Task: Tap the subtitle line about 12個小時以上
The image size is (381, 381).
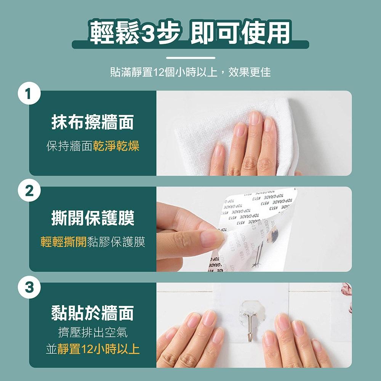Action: click(x=190, y=72)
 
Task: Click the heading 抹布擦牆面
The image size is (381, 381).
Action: click(x=93, y=123)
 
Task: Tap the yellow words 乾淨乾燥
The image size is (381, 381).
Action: click(x=116, y=146)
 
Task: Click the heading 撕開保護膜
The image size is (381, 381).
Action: click(x=93, y=219)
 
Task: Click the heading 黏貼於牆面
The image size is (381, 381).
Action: click(x=93, y=313)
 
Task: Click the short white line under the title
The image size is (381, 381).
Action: click(x=190, y=58)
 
